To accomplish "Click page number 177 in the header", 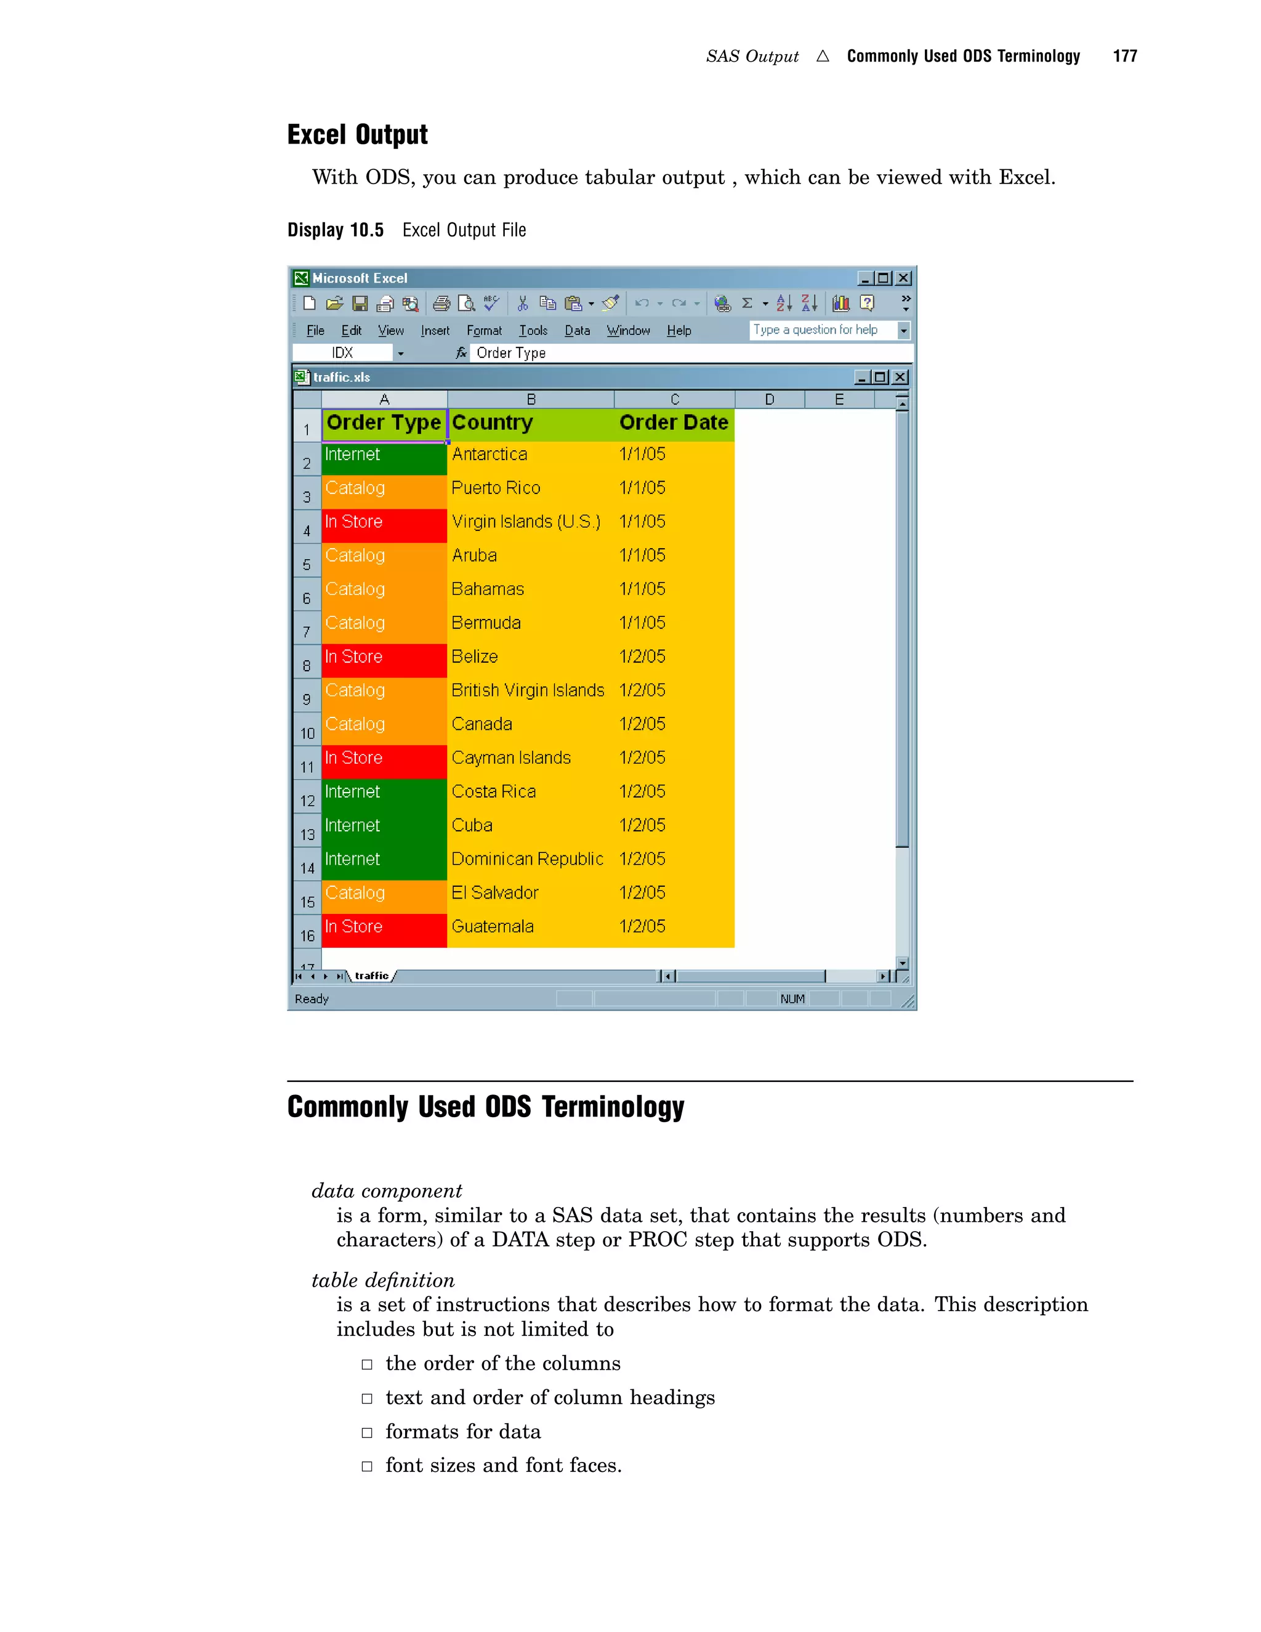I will [1124, 56].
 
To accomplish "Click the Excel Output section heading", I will [357, 134].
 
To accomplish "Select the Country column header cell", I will [530, 423].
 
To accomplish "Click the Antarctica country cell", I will [489, 454].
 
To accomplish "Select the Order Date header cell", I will [673, 423].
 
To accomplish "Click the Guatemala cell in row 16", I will [493, 927].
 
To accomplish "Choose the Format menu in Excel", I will [484, 330].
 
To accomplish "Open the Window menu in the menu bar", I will [627, 330].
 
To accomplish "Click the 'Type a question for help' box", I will [822, 330].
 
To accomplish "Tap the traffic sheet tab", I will [371, 976].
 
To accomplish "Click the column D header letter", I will [770, 400].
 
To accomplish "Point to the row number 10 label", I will [307, 733].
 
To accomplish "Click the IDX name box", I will [342, 353].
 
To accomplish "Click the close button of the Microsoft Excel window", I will [904, 278].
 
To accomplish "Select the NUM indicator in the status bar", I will [792, 999].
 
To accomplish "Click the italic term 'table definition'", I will [382, 1280].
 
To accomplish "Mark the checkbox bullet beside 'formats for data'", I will [367, 1432].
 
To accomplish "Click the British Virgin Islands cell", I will [528, 690].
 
